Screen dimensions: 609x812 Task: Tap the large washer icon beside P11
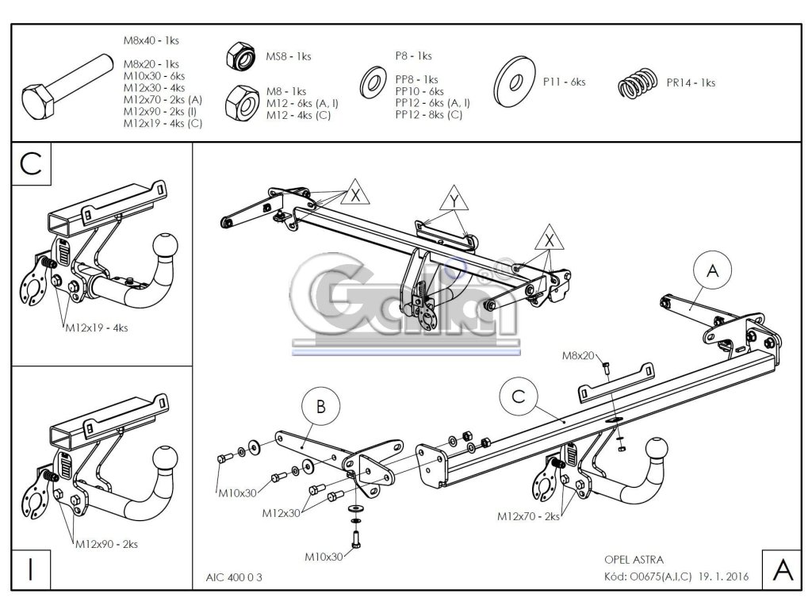point(515,82)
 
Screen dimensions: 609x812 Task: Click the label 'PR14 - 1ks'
point(691,82)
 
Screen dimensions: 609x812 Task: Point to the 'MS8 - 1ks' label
point(288,56)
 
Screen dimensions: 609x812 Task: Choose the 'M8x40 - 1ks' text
point(151,39)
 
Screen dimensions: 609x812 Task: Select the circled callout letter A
point(711,271)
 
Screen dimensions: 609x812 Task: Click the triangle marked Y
point(453,201)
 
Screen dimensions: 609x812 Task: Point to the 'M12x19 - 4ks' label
point(97,327)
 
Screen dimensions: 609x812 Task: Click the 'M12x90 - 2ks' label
point(107,545)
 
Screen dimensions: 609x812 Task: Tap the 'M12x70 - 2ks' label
point(529,516)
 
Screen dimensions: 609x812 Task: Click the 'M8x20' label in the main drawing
point(579,356)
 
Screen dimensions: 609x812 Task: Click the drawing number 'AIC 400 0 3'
point(228,577)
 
